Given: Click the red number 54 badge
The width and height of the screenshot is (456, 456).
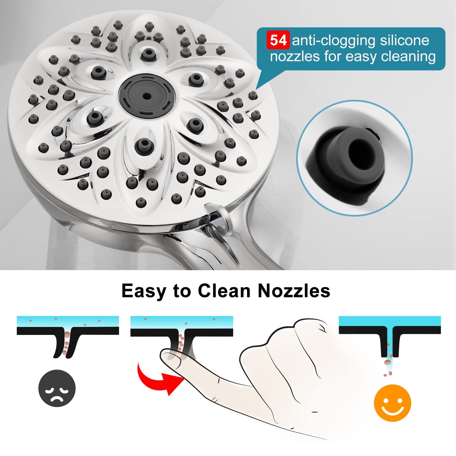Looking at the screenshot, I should [278, 41].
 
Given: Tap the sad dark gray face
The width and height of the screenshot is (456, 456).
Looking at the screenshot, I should [57, 388].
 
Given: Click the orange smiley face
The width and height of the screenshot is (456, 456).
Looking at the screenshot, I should [392, 403].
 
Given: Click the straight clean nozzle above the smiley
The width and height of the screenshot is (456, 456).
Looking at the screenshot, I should [390, 342].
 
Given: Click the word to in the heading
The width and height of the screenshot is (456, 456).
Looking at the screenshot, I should [182, 291].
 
